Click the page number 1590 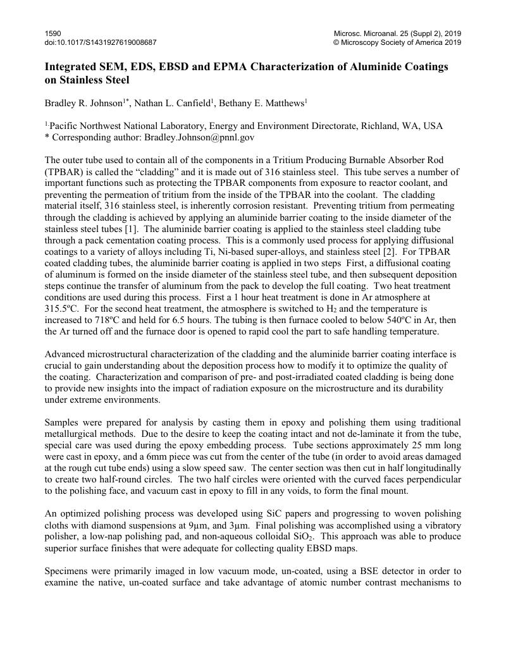[52, 33]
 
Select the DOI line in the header [101, 42]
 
